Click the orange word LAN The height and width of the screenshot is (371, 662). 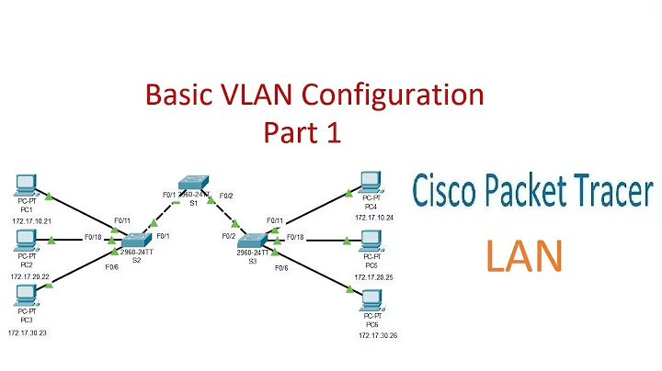tap(523, 257)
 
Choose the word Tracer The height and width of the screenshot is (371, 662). tap(615, 192)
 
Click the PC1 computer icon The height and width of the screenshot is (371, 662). tap(28, 184)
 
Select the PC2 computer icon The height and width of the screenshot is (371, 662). tap(28, 240)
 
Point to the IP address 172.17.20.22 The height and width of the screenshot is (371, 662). tap(29, 276)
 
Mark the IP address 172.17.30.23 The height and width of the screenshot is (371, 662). tap(29, 333)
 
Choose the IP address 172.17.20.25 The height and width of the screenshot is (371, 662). tap(372, 275)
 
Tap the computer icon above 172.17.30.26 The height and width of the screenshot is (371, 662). tap(372, 299)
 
